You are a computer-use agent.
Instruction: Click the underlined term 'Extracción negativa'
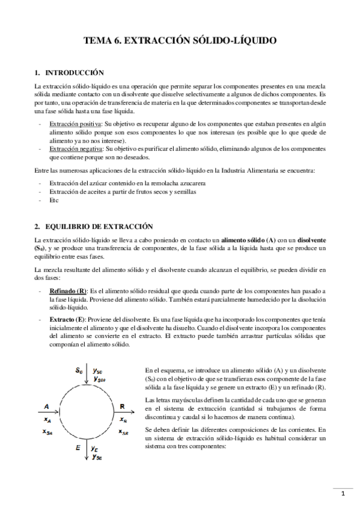(x=76, y=148)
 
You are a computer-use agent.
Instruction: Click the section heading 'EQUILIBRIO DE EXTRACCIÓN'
(x=91, y=226)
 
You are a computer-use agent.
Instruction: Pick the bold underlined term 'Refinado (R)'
(x=69, y=274)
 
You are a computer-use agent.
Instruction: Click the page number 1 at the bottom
(x=342, y=494)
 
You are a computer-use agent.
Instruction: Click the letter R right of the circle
(x=123, y=406)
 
